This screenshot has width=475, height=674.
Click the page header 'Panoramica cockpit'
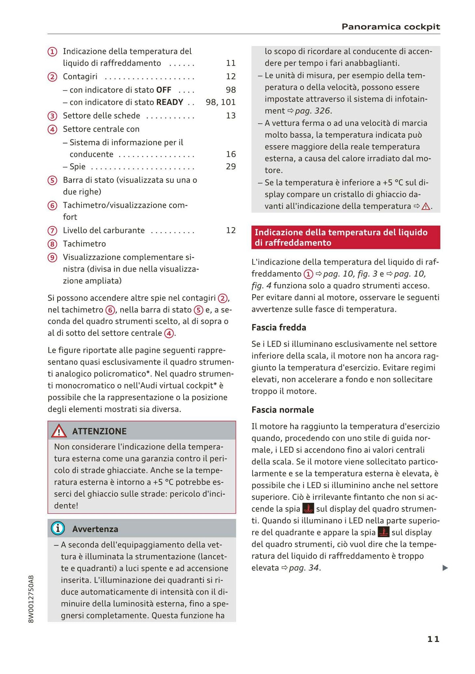391,27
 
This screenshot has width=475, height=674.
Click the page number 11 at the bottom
433,639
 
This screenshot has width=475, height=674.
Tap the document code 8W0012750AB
31,599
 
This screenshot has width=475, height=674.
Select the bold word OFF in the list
164,90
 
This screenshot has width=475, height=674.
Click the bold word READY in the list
170,102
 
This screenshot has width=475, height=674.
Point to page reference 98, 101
221,102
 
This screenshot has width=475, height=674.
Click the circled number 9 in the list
52,257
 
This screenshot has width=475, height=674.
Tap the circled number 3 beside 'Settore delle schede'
52,116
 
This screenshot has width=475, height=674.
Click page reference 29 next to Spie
231,166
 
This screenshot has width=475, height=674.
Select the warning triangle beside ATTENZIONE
59,431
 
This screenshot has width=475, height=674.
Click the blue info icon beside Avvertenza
58,528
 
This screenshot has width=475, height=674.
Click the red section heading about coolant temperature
345,237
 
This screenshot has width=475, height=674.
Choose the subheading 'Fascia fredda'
279,327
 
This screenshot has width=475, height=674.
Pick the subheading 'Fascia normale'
283,410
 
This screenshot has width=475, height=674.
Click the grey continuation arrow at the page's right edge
445,568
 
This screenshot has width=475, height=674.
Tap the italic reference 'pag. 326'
312,111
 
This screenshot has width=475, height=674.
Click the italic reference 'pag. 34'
304,568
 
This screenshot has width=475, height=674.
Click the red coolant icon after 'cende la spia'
308,509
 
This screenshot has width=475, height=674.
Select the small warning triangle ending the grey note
426,206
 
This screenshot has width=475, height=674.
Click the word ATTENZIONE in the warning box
99,431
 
